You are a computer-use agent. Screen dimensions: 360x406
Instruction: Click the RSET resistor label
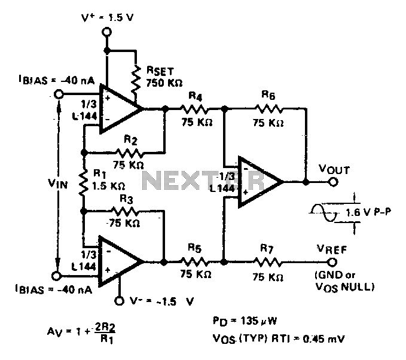(152, 76)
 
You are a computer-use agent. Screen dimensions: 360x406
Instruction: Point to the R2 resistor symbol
(128, 150)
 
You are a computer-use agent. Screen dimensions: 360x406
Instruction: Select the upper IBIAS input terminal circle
(59, 94)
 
